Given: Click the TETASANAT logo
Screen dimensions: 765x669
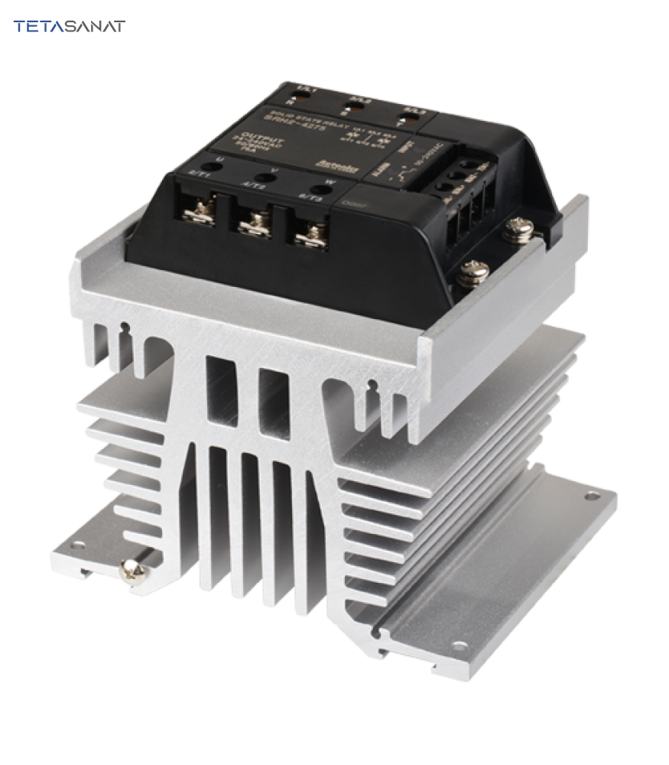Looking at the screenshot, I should pos(69,26).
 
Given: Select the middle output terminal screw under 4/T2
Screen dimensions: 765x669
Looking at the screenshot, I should pos(256,223).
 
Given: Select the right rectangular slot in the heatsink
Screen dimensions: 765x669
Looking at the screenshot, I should pos(270,397).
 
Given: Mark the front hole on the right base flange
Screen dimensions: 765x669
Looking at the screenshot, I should pos(379,630).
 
